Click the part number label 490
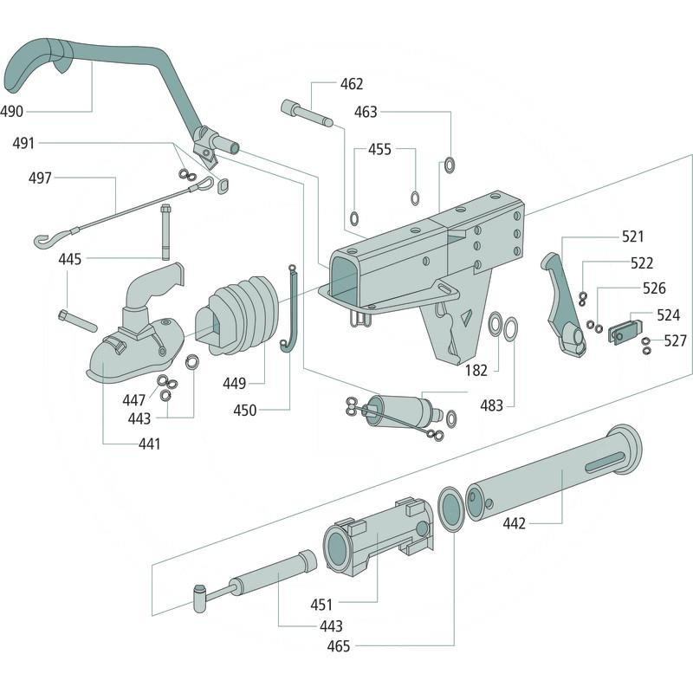(13, 111)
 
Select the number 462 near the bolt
(351, 84)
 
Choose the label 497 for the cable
(40, 178)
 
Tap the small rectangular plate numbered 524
(624, 331)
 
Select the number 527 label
(677, 340)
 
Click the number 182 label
(476, 370)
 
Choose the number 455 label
(379, 149)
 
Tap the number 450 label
(245, 410)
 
